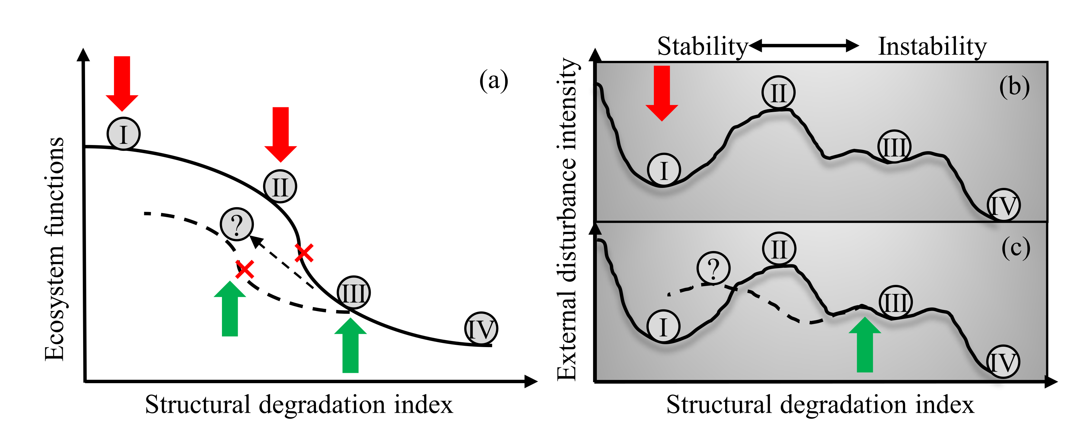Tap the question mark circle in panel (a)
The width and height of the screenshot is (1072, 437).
[237, 224]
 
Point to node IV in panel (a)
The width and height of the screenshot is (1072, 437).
[481, 329]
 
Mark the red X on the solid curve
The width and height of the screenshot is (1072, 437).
[304, 253]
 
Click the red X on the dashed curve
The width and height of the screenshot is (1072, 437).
[245, 269]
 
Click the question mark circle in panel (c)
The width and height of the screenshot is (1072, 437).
[713, 268]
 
